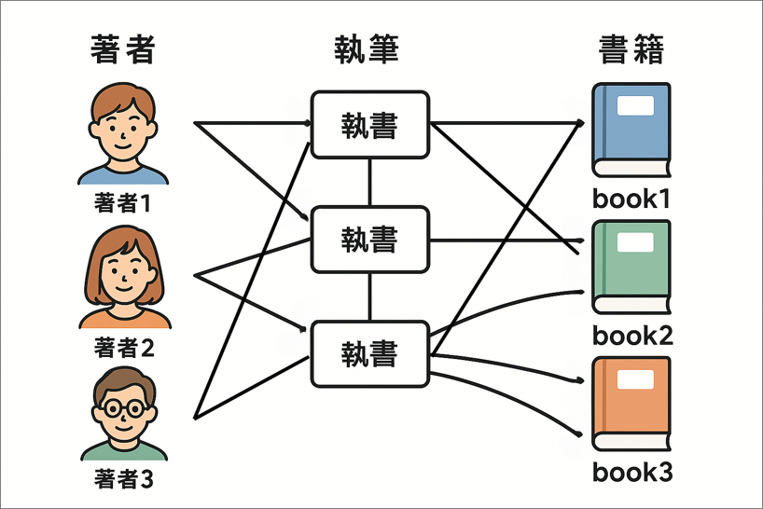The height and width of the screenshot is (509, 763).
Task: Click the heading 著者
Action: tap(122, 48)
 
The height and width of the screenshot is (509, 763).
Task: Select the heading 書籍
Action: tap(631, 48)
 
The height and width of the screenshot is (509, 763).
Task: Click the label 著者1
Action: tap(122, 202)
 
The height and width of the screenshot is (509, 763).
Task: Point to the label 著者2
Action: tap(124, 350)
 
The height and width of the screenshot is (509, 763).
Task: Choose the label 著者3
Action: tap(122, 480)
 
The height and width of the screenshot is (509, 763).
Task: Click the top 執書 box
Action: tap(369, 124)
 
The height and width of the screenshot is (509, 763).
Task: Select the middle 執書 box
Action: tap(369, 240)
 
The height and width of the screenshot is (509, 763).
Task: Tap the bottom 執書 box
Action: tap(369, 353)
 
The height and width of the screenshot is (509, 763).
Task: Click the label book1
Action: tap(631, 199)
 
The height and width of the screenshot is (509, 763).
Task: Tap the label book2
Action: tap(632, 336)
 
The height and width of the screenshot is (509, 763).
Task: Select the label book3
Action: tap(631, 473)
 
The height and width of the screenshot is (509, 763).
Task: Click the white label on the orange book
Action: tap(637, 380)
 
